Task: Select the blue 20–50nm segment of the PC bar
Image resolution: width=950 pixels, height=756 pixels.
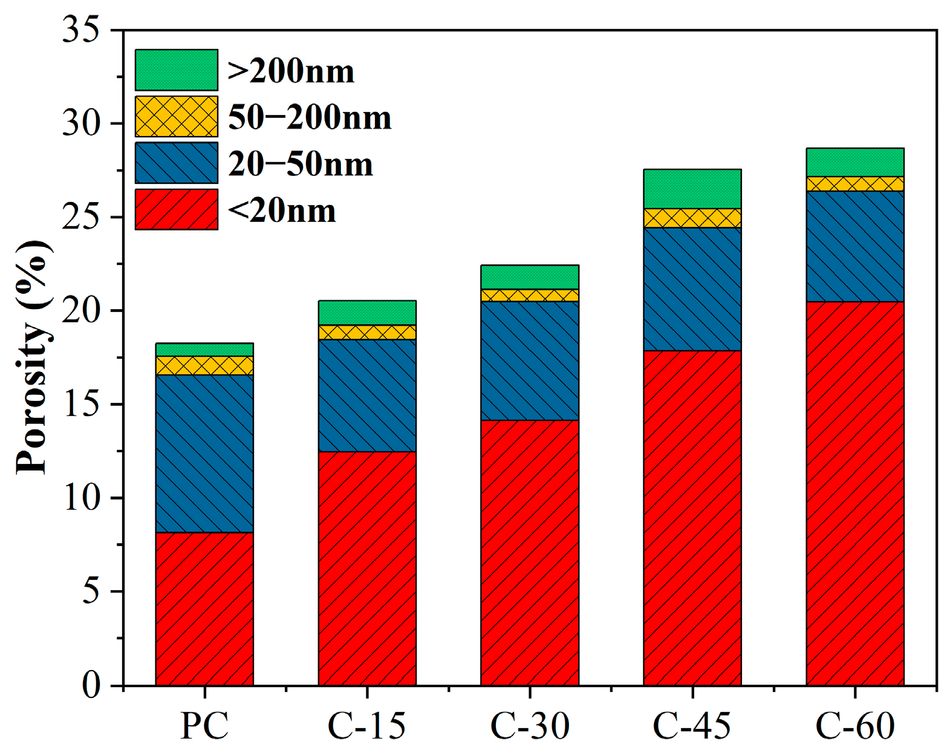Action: click(x=204, y=454)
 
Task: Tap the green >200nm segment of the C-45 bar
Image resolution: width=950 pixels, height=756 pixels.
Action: click(x=692, y=189)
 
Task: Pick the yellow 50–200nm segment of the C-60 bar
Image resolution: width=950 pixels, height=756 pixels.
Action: click(x=855, y=184)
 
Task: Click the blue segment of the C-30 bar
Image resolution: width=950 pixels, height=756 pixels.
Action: click(x=530, y=360)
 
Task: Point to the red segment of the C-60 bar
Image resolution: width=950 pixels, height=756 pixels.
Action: click(x=855, y=493)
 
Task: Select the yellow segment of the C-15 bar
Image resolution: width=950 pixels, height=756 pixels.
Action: click(x=367, y=332)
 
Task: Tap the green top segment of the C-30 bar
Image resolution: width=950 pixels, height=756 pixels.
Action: click(x=530, y=277)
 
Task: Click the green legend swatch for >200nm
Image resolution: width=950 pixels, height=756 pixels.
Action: click(x=176, y=70)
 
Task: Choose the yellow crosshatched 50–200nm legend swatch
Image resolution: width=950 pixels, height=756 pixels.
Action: click(x=176, y=116)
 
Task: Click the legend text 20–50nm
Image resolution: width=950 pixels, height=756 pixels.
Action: click(x=301, y=165)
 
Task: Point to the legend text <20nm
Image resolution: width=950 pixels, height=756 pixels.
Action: click(x=282, y=211)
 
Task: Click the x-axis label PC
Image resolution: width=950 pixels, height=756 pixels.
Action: click(x=204, y=725)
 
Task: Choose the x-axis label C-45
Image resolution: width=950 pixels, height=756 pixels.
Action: click(x=692, y=725)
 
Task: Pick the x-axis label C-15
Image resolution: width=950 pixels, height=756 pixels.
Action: click(x=366, y=725)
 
